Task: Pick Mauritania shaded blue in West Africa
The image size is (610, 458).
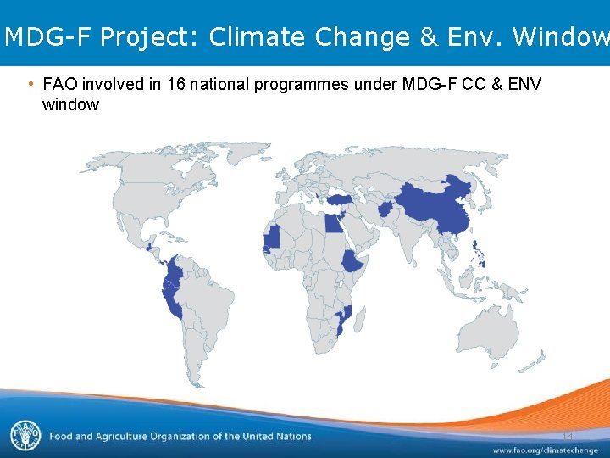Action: (273, 238)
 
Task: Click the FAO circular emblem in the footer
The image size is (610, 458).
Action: (25, 435)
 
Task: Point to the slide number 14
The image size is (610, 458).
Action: (567, 436)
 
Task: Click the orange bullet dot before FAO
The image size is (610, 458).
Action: (30, 84)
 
